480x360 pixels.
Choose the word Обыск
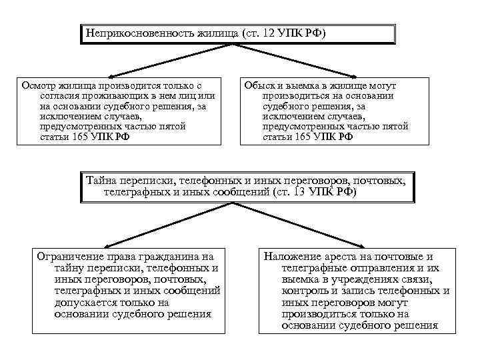[260, 86]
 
